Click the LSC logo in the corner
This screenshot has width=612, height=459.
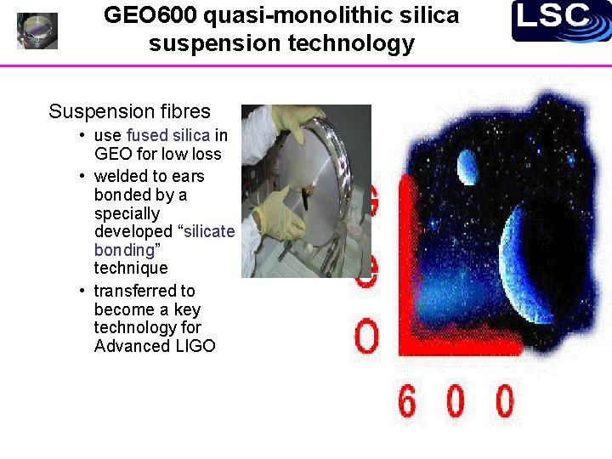[561, 20]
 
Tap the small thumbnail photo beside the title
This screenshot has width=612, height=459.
[37, 31]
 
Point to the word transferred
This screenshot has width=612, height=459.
[132, 291]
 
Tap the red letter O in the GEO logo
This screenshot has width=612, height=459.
[366, 337]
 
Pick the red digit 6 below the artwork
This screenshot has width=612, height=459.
[407, 401]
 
